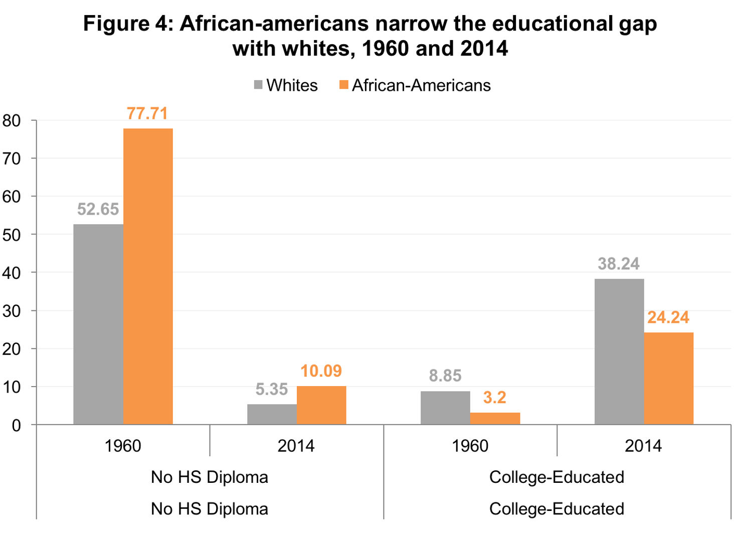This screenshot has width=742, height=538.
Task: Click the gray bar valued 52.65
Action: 98,324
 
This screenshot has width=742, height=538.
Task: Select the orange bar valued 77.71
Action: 148,276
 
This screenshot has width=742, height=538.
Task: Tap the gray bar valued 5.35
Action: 272,414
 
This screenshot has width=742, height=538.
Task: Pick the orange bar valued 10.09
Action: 321,405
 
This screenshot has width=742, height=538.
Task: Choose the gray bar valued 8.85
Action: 445,408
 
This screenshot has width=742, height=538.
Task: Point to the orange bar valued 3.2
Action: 495,419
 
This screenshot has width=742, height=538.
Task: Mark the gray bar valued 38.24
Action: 619,351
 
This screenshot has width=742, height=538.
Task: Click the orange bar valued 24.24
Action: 669,378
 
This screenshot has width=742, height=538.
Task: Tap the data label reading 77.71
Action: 147,114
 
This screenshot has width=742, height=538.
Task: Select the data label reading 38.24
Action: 619,264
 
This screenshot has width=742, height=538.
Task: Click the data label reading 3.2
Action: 494,398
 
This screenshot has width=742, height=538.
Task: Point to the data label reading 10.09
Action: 321,371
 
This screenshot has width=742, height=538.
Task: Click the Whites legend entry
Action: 286,85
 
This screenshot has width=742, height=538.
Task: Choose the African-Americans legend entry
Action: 415,85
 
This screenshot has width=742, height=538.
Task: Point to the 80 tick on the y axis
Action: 12,121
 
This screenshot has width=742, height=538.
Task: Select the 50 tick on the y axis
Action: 12,235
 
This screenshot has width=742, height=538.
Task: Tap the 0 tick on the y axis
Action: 17,426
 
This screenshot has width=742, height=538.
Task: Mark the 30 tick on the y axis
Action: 12,311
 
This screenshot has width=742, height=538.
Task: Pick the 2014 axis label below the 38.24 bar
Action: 643,446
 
